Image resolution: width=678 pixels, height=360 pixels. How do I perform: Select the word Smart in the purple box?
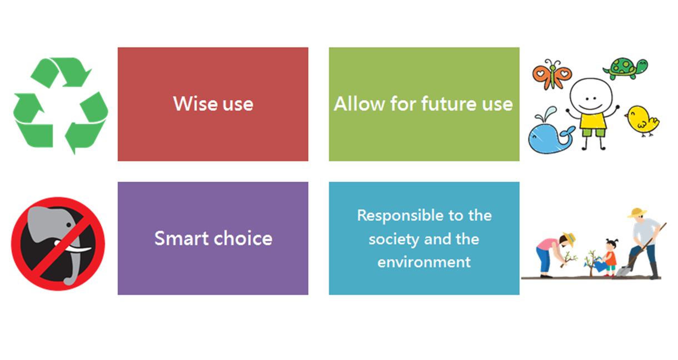pyautogui.click(x=182, y=238)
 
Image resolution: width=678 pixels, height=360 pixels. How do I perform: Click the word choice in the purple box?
pyautogui.click(x=243, y=238)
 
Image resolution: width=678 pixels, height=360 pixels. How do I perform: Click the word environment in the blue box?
pyautogui.click(x=424, y=262)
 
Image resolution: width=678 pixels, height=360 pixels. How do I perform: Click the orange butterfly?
pyautogui.click(x=552, y=74)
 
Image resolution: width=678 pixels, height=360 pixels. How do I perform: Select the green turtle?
pyautogui.click(x=625, y=69)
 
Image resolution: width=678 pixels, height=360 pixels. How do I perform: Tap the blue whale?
pyautogui.click(x=550, y=133)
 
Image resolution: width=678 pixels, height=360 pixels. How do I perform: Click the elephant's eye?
pyautogui.click(x=69, y=225)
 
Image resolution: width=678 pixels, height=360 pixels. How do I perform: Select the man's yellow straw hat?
pyautogui.click(x=637, y=213)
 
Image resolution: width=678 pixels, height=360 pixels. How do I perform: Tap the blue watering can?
pyautogui.click(x=599, y=266)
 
